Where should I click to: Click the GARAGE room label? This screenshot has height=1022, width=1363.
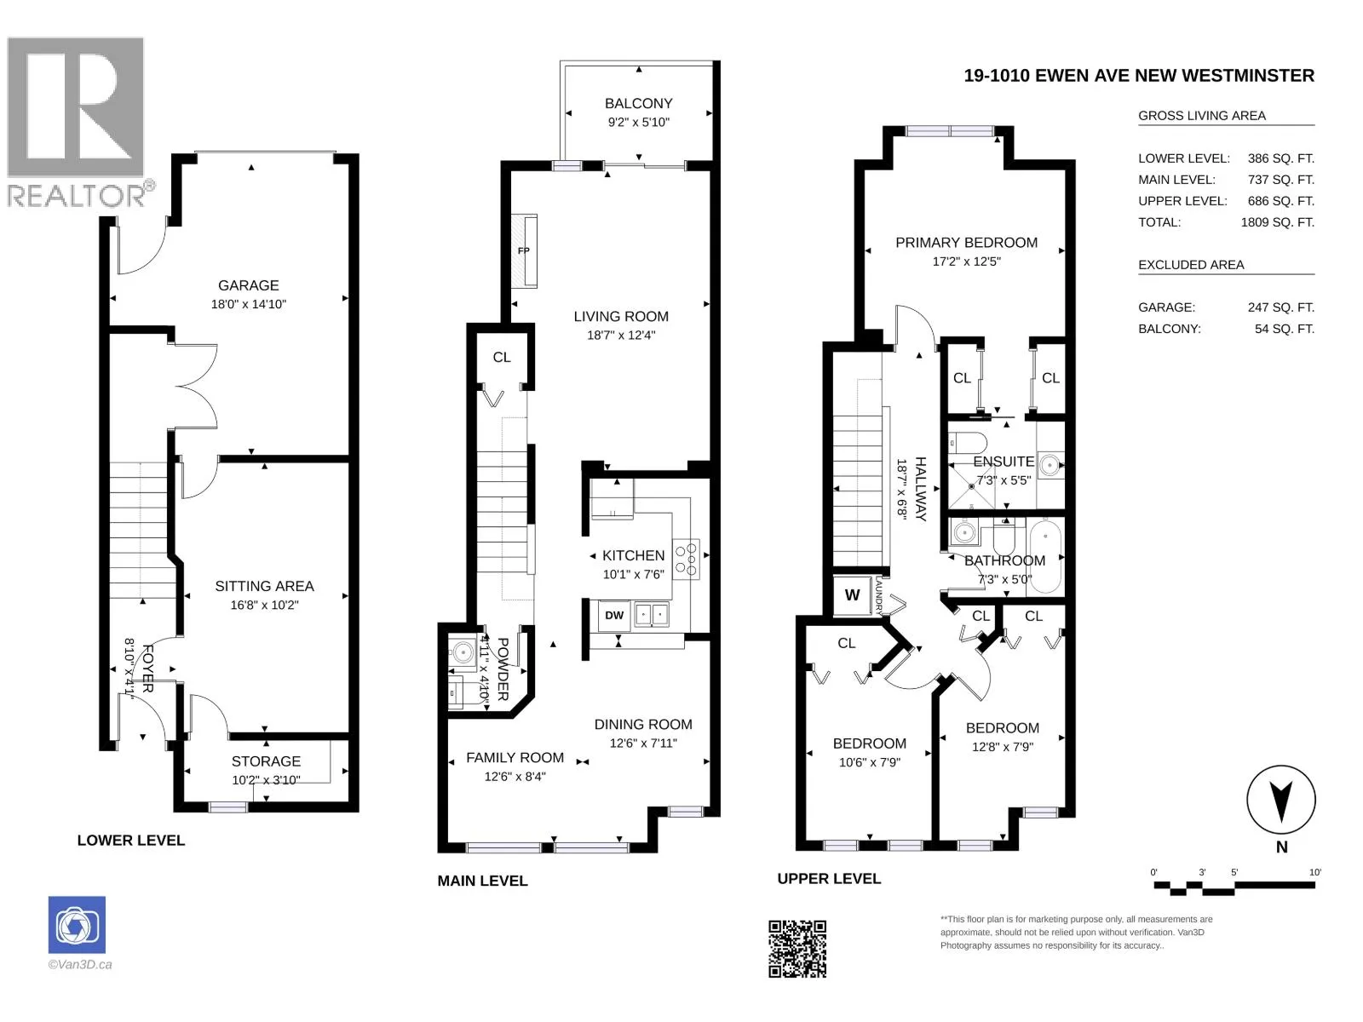tap(249, 285)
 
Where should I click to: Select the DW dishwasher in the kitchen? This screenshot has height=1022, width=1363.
tap(613, 615)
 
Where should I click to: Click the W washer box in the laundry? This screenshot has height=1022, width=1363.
tap(852, 595)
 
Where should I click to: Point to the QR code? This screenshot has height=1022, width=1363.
tap(797, 949)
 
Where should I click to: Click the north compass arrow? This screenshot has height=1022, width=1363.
tap(1281, 801)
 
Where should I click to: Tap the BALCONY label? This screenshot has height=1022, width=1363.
tap(638, 104)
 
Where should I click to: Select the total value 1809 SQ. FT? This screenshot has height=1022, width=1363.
tap(1277, 222)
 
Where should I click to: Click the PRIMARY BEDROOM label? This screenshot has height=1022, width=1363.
tap(966, 243)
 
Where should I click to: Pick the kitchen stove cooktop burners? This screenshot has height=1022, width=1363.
tap(687, 559)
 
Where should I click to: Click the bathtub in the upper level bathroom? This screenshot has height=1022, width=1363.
tap(1046, 556)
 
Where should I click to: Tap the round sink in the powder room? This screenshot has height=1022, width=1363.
tap(463, 652)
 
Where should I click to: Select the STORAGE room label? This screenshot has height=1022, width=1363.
tap(266, 761)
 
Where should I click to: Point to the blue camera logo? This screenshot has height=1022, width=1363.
tap(77, 925)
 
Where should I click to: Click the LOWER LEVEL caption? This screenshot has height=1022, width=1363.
tap(131, 841)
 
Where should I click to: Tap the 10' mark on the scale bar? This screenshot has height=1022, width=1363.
tap(1315, 872)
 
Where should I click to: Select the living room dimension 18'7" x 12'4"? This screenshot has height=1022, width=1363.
tap(621, 335)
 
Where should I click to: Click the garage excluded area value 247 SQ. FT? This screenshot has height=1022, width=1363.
tap(1281, 307)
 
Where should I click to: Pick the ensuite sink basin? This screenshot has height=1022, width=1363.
tap(1050, 465)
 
